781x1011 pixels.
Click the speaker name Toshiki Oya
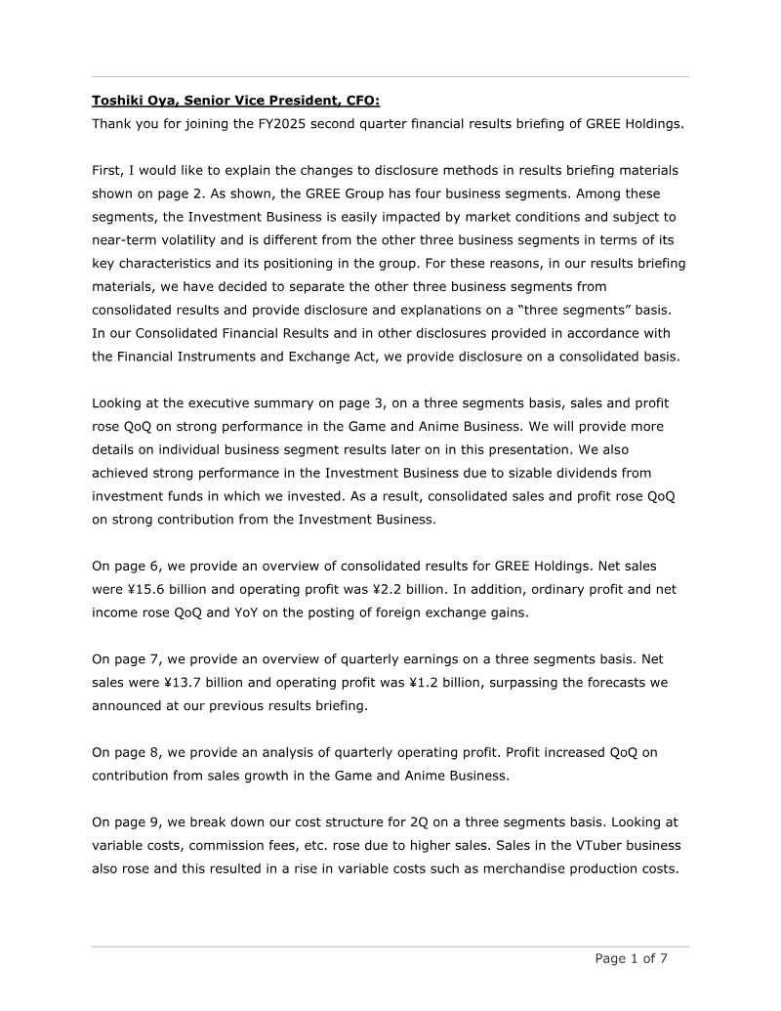click(x=132, y=99)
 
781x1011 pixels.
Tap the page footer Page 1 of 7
click(x=632, y=958)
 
